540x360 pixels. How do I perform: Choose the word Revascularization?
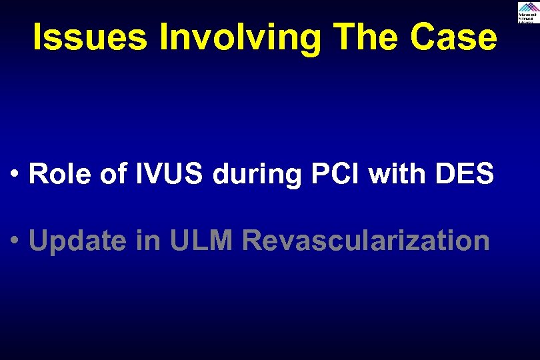point(366,241)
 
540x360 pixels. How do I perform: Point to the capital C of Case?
point(424,38)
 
